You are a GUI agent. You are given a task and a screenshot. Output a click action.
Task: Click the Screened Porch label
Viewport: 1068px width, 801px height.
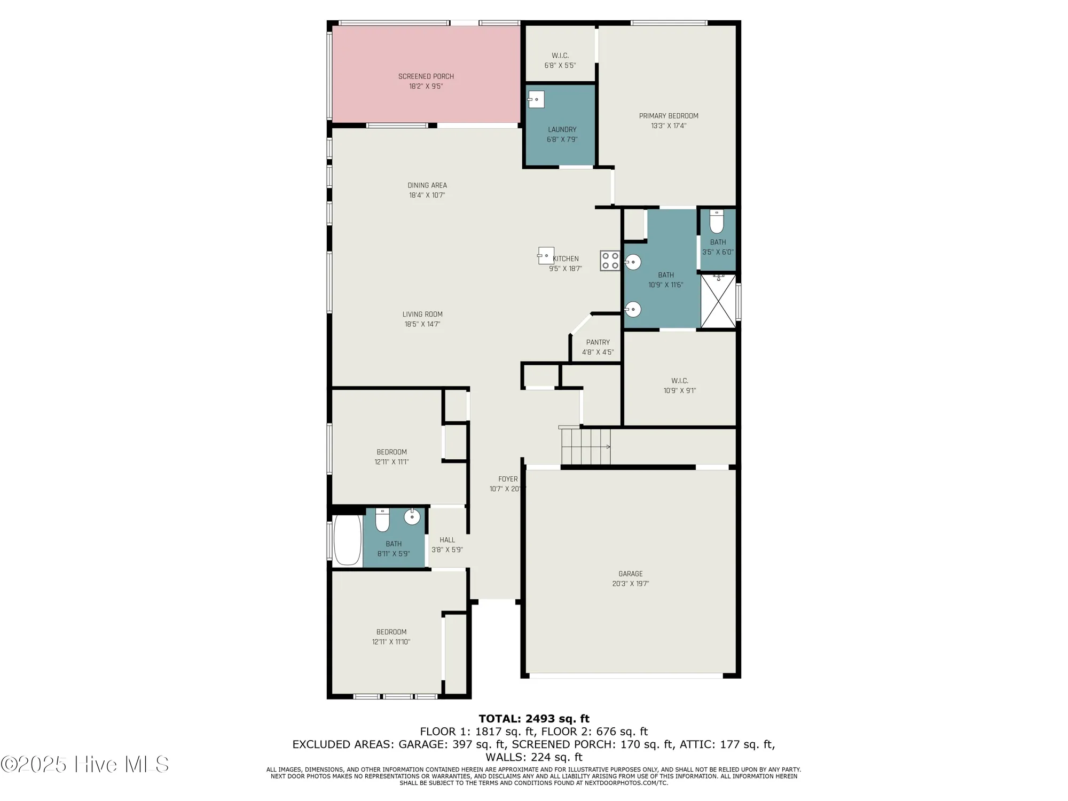point(426,76)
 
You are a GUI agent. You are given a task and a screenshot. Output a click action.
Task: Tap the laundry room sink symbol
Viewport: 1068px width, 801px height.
point(536,99)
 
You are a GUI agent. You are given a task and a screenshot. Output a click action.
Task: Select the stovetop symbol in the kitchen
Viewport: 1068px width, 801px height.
point(610,261)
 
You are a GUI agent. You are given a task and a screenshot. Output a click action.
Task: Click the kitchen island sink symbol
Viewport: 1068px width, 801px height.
point(545,256)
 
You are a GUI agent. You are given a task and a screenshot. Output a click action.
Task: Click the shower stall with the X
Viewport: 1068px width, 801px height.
point(718,301)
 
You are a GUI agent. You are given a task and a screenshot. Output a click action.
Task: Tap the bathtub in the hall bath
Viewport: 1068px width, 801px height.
point(347,539)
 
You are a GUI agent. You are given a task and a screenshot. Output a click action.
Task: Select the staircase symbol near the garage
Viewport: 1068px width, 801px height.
point(585,446)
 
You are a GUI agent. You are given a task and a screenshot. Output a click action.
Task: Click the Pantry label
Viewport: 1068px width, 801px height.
point(598,342)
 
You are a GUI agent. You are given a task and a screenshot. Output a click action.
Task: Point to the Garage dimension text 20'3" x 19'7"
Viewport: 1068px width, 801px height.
point(630,584)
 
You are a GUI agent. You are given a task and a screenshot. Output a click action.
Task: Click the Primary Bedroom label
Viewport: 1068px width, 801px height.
point(669,116)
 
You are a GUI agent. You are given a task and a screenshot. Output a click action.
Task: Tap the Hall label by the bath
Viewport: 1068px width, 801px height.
point(447,540)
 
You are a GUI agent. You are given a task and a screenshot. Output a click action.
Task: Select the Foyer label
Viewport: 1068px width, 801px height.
point(508,479)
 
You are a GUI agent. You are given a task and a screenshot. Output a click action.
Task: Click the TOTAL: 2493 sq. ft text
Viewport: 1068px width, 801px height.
point(533,719)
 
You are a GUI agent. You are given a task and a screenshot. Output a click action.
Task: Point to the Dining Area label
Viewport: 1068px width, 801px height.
point(427,185)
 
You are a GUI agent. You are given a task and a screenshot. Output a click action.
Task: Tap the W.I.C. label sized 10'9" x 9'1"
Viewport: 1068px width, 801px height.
point(679,381)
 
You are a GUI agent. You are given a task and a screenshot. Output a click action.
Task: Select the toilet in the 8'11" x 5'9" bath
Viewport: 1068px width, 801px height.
point(382,520)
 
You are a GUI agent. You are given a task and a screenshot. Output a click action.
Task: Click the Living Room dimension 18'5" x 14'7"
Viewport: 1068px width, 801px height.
point(422,324)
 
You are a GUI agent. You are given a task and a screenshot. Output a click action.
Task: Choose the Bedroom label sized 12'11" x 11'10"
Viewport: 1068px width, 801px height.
point(391,632)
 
